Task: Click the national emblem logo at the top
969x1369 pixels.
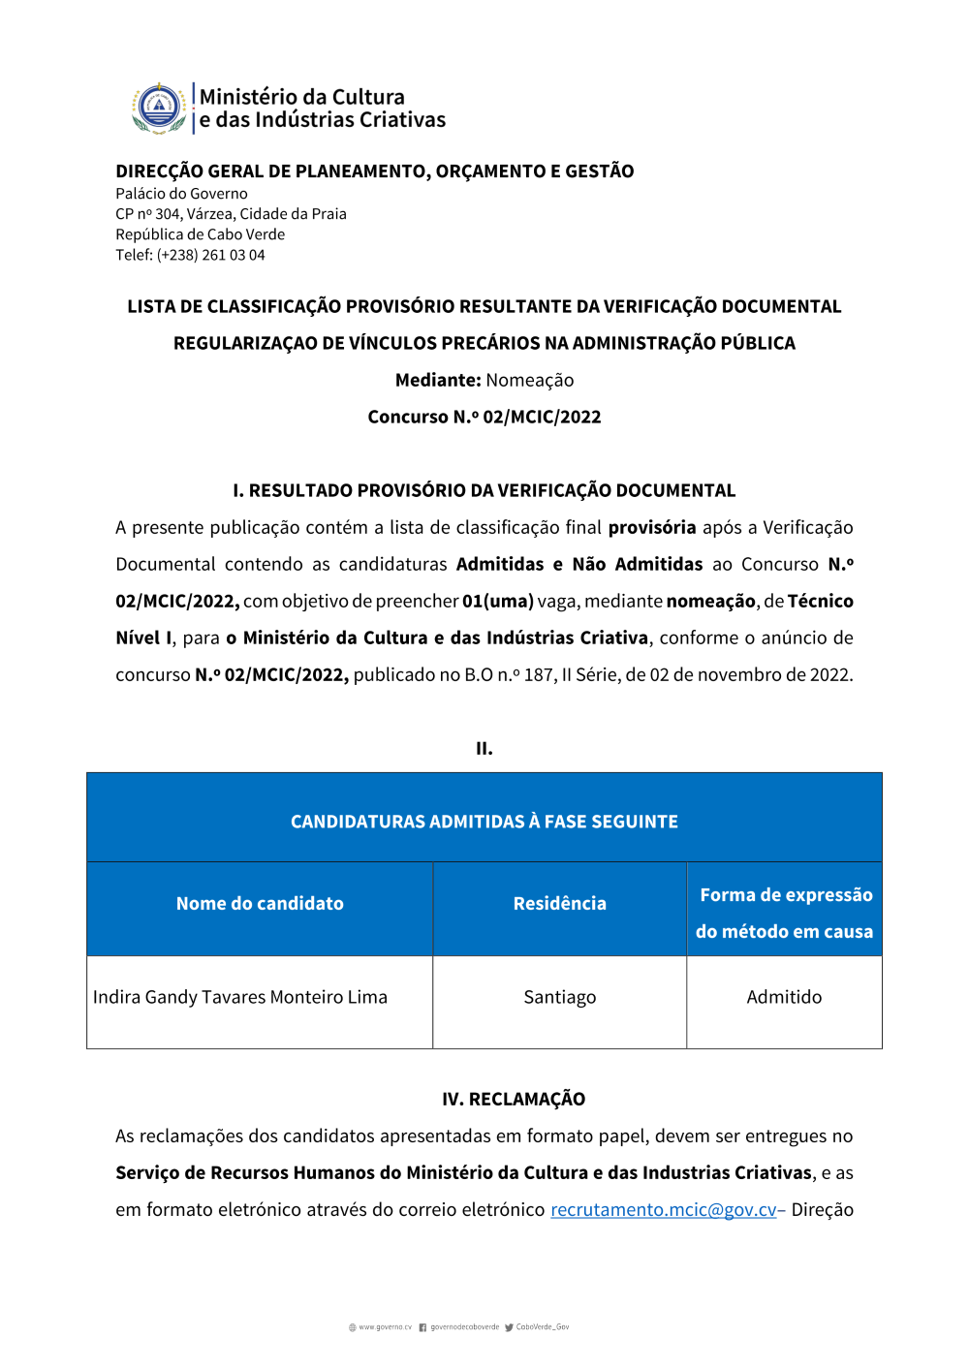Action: click(159, 108)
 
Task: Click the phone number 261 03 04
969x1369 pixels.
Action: click(234, 255)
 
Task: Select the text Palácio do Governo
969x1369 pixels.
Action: click(181, 194)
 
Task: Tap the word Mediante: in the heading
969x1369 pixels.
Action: click(438, 380)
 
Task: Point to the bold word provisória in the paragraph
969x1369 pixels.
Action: click(652, 527)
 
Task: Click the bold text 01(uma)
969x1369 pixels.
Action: click(498, 601)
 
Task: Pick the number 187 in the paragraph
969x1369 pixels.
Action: click(539, 674)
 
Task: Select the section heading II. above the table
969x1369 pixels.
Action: click(484, 748)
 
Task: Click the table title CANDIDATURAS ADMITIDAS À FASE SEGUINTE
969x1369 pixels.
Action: click(484, 822)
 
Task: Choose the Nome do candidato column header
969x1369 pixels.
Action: click(260, 903)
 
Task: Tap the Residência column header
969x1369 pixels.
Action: click(560, 903)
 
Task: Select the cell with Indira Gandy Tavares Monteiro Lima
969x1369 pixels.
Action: click(240, 997)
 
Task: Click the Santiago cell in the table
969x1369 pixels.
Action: click(560, 997)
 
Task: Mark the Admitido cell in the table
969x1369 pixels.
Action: click(784, 997)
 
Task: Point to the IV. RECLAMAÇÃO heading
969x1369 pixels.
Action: click(514, 1099)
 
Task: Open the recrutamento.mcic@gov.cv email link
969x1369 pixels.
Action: click(664, 1209)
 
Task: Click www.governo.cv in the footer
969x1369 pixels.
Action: click(385, 1327)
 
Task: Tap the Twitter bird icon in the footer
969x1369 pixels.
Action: click(509, 1327)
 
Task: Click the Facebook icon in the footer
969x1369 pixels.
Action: click(422, 1327)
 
